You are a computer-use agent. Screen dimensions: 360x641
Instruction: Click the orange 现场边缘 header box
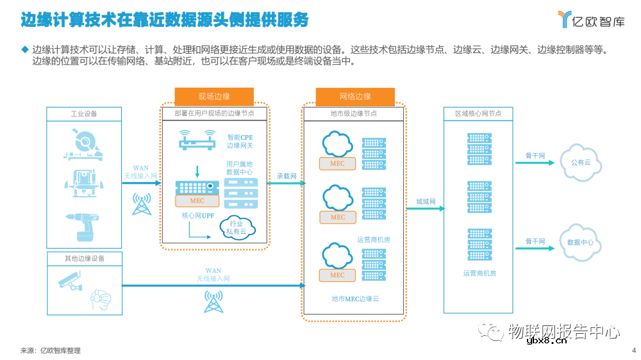point(214,96)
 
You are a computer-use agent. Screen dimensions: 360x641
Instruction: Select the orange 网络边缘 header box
point(355,96)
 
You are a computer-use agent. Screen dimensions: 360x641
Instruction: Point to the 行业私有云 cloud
point(237,227)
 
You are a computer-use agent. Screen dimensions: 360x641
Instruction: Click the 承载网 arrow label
point(286,176)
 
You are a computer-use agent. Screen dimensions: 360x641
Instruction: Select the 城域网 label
point(426,201)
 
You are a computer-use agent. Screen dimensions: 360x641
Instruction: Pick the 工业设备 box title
point(84,113)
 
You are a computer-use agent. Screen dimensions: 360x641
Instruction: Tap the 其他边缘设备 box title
point(84,259)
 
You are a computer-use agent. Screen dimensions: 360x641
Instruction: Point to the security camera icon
point(69,281)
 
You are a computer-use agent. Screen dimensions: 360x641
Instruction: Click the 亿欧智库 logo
point(590,20)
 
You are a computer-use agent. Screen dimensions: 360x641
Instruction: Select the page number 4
point(633,350)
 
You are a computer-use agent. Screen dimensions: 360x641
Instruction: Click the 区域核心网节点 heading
point(478,113)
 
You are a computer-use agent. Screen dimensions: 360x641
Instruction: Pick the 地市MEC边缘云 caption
point(355,299)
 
